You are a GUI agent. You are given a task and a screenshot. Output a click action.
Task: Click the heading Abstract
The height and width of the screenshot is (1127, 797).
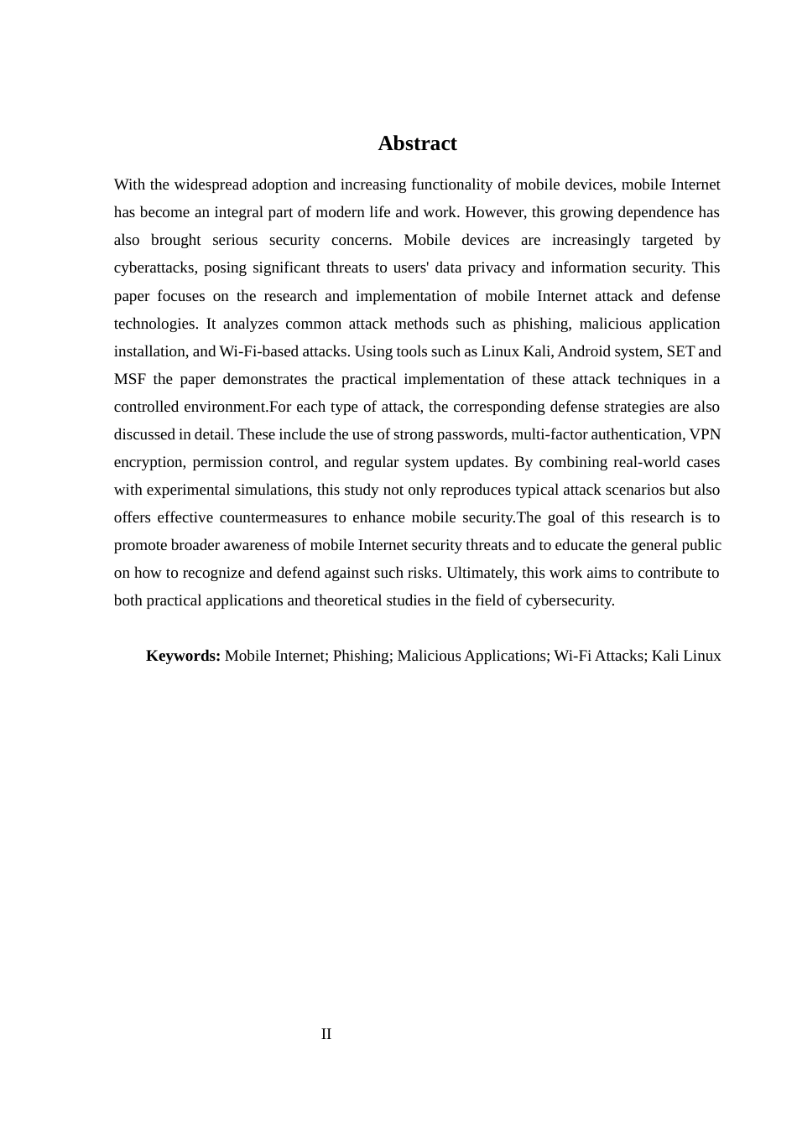point(417,143)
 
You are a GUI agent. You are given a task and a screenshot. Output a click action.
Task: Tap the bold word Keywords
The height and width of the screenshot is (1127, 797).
point(183,656)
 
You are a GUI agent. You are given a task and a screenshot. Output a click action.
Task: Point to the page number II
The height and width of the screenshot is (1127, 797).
point(326,1034)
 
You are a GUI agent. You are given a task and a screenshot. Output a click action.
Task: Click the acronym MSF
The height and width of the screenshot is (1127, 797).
point(129,379)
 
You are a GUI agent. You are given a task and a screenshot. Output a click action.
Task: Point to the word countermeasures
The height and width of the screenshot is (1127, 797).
point(272,517)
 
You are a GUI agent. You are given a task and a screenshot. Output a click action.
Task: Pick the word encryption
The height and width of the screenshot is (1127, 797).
point(148,462)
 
